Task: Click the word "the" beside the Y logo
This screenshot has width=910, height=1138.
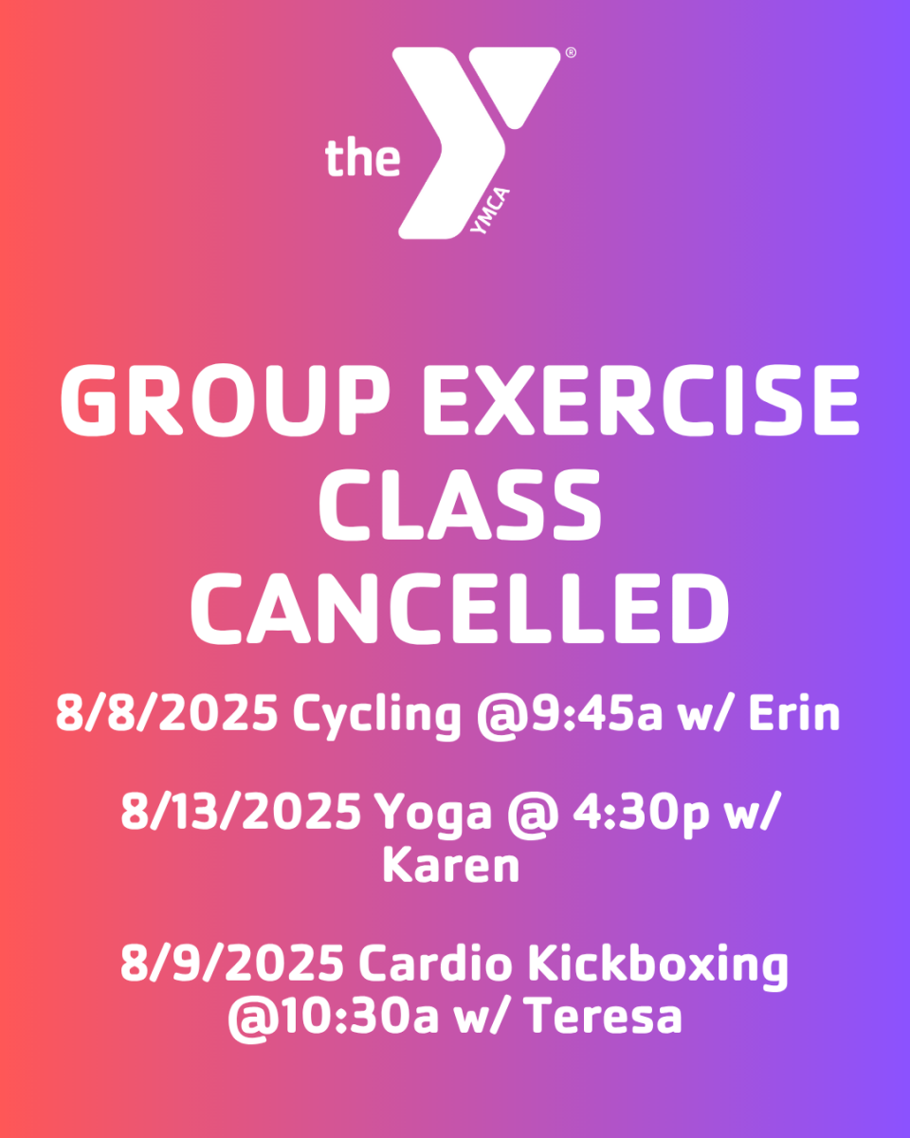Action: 363,157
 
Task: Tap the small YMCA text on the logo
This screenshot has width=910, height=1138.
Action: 490,211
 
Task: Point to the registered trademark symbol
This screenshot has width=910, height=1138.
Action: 571,52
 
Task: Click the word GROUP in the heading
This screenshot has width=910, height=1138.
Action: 226,400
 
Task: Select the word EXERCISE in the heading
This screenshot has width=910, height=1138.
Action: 641,400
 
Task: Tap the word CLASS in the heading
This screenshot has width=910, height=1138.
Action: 460,505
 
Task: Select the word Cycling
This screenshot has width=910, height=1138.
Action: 377,717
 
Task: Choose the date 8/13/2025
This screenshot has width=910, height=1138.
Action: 241,811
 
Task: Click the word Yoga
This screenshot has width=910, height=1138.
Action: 433,816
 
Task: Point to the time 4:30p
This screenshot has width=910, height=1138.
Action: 641,815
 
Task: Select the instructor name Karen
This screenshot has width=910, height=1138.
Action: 451,865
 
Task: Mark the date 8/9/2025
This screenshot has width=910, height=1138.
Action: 232,963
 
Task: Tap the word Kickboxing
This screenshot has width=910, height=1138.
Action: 658,966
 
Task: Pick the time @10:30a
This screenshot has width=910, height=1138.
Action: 334,1018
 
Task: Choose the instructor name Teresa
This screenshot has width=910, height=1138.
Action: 606,1016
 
